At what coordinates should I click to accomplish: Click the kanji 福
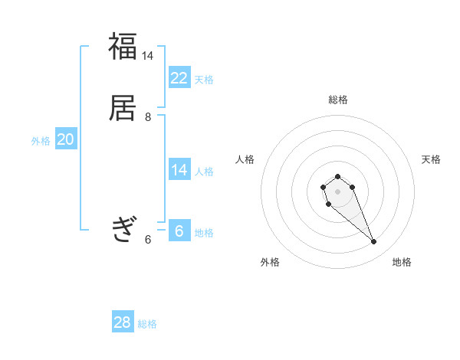pyautogui.click(x=123, y=47)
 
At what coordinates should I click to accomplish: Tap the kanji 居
pyautogui.click(x=123, y=108)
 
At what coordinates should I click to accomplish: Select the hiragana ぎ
pyautogui.click(x=123, y=229)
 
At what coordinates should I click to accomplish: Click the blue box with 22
pyautogui.click(x=179, y=78)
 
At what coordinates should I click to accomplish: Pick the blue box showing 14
pyautogui.click(x=179, y=170)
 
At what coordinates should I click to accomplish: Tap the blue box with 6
pyautogui.click(x=179, y=231)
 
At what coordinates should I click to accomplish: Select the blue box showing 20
pyautogui.click(x=66, y=139)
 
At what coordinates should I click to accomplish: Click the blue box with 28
pyautogui.click(x=123, y=322)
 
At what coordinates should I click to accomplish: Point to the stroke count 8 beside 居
pyautogui.click(x=148, y=116)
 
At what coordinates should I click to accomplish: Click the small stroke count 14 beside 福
pyautogui.click(x=148, y=55)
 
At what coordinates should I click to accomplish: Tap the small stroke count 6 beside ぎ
pyautogui.click(x=148, y=239)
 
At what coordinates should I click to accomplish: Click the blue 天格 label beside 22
pyautogui.click(x=204, y=80)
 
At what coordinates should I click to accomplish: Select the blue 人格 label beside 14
pyautogui.click(x=204, y=172)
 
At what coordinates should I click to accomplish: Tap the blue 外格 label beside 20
pyautogui.click(x=41, y=141)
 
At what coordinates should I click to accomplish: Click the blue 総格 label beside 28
pyautogui.click(x=147, y=324)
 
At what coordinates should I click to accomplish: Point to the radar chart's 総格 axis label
pyautogui.click(x=338, y=100)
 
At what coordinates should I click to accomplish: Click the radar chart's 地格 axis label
pyautogui.click(x=402, y=262)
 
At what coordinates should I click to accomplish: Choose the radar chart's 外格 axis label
pyautogui.click(x=270, y=262)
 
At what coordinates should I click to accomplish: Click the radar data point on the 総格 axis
pyautogui.click(x=337, y=177)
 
